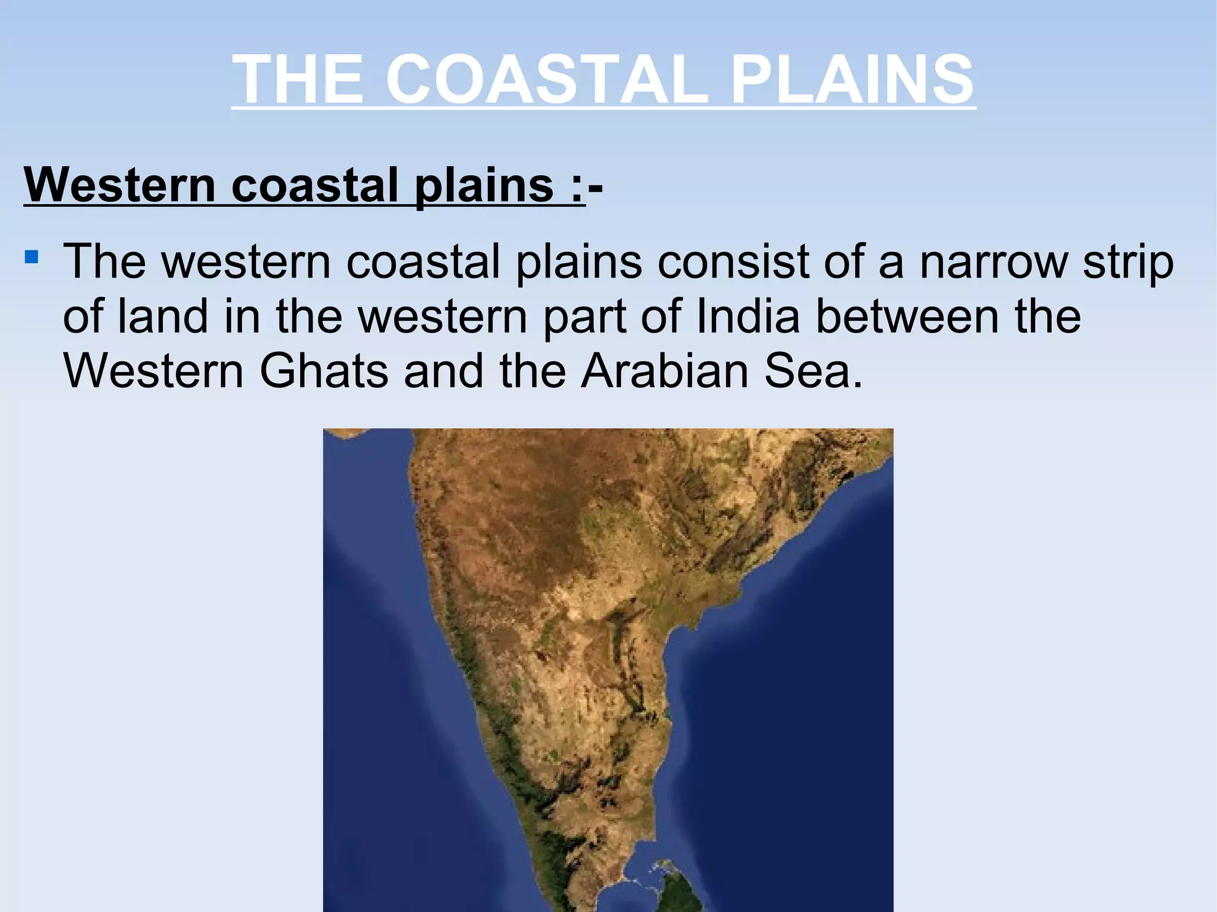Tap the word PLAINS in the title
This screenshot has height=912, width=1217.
pos(853,79)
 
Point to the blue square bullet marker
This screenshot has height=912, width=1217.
pos(32,258)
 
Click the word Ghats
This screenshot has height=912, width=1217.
pos(323,371)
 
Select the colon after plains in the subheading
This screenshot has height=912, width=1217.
pos(576,185)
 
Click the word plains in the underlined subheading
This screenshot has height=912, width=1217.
pos(484,185)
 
